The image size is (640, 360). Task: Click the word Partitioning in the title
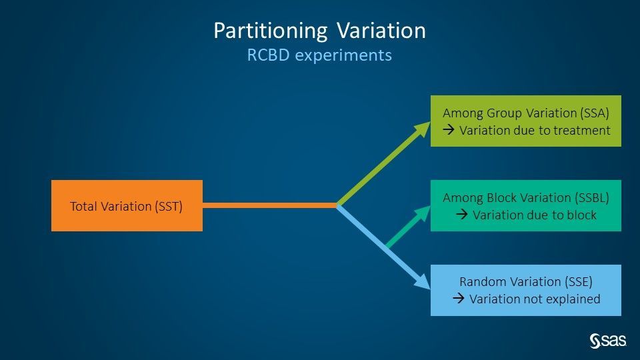(271, 31)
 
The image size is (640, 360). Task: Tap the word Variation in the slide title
(381, 31)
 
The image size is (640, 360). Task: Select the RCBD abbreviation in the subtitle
(268, 55)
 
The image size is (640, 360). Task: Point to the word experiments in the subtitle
(343, 55)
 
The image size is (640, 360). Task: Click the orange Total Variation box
(127, 206)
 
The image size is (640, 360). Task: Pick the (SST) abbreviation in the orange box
(168, 207)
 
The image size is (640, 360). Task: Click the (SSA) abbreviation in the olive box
(595, 113)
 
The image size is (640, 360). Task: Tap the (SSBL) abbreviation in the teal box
(592, 197)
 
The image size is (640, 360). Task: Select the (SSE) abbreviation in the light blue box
(579, 281)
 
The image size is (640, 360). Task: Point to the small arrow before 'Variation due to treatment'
(449, 130)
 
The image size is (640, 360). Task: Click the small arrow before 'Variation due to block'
(462, 214)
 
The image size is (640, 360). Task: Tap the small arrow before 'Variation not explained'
(459, 299)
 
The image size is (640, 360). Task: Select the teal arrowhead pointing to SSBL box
(423, 214)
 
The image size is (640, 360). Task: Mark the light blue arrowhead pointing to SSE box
(423, 281)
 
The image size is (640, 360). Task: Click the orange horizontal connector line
(270, 205)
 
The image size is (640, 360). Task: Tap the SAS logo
(608, 341)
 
